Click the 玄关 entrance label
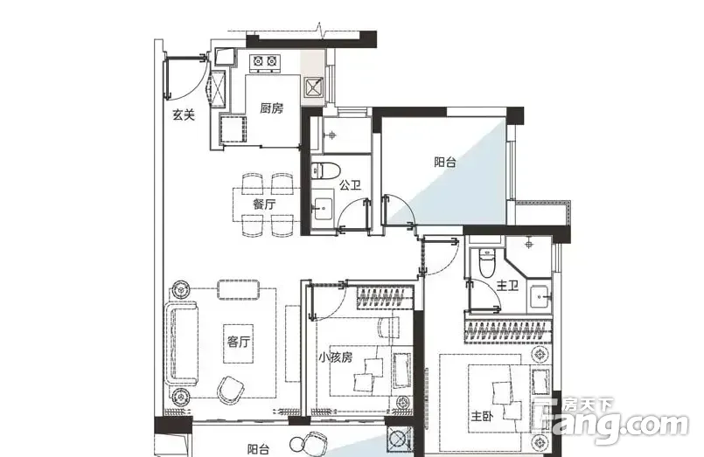(184, 115)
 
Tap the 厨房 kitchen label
(272, 108)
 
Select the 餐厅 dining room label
(264, 204)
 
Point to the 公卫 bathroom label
(350, 184)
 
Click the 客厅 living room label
(238, 343)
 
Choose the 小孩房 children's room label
(336, 357)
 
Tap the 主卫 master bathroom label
(508, 285)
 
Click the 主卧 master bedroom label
(482, 416)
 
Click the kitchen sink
(314, 87)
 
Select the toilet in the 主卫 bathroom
(486, 263)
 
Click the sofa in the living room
(181, 343)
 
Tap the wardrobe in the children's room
(385, 297)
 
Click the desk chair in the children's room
(389, 327)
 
